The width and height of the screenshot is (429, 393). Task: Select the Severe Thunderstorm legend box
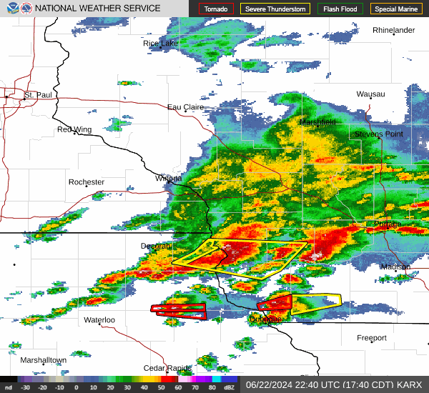pos(275,9)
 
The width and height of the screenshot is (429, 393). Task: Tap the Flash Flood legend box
pos(340,9)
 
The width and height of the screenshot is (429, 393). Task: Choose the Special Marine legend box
pos(397,9)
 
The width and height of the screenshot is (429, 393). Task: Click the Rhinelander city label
pos(394,30)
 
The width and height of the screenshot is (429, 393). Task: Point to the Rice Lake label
pos(161,44)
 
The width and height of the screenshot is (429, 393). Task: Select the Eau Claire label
pos(185,107)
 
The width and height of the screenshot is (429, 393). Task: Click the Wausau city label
pos(370,94)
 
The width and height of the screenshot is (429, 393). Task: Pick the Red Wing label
pos(75,129)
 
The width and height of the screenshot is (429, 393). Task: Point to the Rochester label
pos(87,182)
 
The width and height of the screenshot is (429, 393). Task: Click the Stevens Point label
pos(378,134)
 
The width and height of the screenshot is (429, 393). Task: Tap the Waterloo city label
pos(99,319)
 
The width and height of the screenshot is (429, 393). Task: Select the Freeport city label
pos(372,337)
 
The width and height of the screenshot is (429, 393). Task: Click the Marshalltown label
pos(43,360)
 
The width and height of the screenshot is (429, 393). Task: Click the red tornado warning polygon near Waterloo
pos(179,309)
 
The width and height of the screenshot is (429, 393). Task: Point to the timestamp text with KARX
pos(334,384)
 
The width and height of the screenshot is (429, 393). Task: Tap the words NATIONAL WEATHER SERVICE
pos(97,9)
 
